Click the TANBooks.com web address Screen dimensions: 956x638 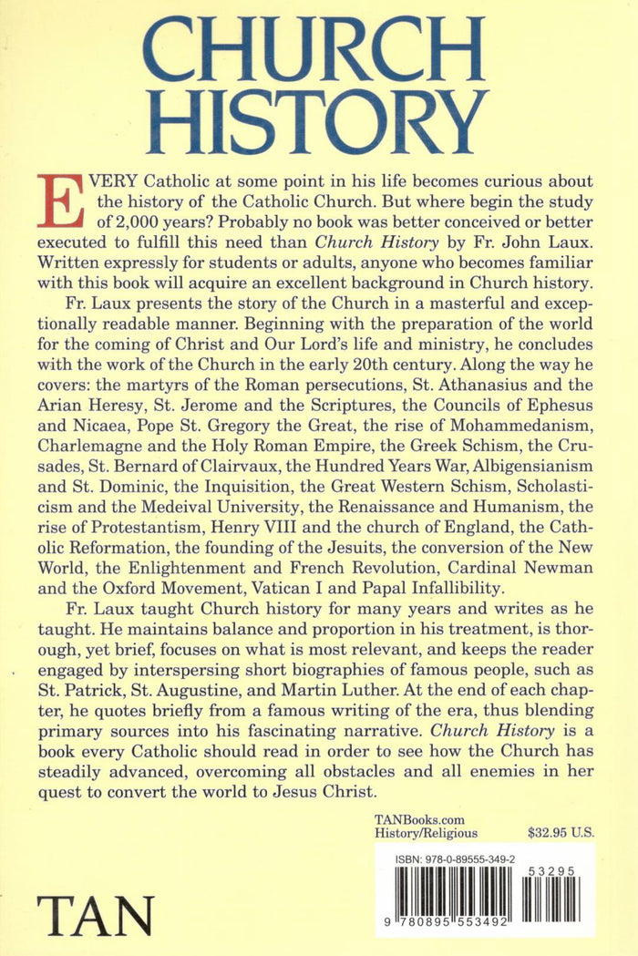point(416,818)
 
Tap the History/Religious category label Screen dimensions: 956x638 point(427,833)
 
